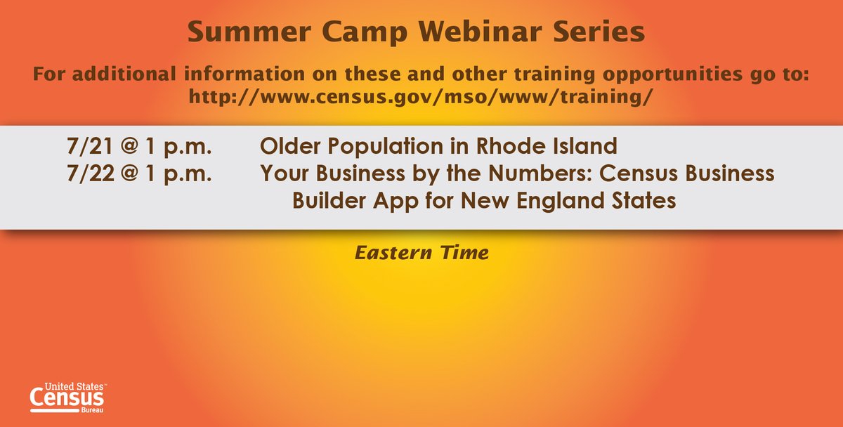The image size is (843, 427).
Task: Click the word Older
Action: pyautogui.click(x=287, y=147)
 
